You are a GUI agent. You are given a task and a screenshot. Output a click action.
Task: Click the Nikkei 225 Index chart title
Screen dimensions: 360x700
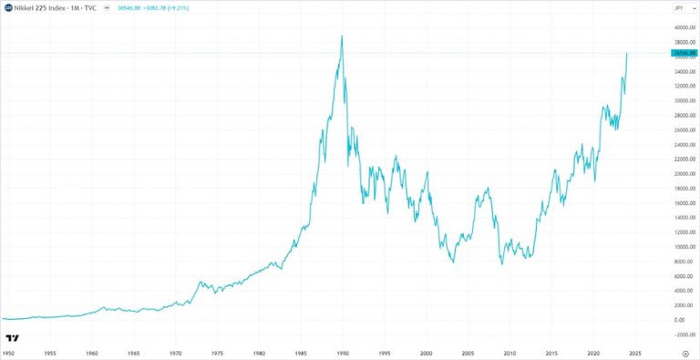(50, 8)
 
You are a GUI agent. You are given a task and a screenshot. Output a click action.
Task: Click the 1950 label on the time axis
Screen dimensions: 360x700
(8, 351)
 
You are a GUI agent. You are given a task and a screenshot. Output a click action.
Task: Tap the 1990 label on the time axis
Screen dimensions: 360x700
(342, 351)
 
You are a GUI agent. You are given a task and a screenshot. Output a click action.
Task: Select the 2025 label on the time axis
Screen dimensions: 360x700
(635, 351)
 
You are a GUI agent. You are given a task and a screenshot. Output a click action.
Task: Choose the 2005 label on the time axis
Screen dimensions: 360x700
(468, 351)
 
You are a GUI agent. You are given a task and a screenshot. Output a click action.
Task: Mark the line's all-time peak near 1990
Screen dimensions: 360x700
(342, 36)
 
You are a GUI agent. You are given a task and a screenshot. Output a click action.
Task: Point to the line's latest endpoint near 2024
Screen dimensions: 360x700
(627, 53)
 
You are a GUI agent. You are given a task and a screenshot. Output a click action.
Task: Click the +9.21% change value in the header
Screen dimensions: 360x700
(178, 8)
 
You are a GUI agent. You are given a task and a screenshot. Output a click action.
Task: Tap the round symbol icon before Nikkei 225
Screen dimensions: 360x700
(8, 8)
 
